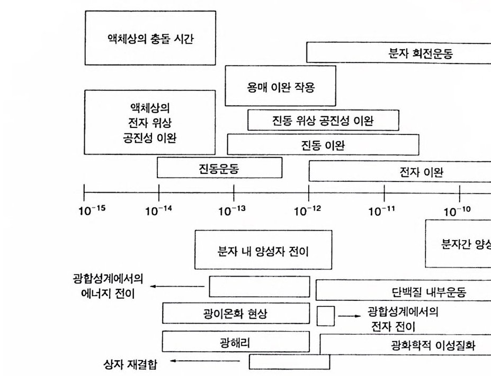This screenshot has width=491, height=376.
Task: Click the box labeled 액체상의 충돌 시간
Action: click(x=150, y=38)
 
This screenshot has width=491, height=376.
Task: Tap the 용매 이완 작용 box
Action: click(x=280, y=86)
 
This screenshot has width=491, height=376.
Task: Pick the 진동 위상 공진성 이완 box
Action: click(x=323, y=120)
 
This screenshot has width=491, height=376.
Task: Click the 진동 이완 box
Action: click(x=323, y=144)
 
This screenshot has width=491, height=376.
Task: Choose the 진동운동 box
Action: click(x=219, y=168)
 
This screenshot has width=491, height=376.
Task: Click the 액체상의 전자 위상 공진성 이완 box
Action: click(x=150, y=122)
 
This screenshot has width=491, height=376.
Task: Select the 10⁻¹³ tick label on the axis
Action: click(x=231, y=212)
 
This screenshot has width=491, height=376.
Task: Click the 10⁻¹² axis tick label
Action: click(x=308, y=212)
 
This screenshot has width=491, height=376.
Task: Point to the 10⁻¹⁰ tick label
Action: click(x=457, y=212)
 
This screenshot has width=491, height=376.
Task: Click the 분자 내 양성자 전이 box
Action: click(x=263, y=249)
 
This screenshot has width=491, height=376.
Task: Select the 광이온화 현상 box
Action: click(x=236, y=313)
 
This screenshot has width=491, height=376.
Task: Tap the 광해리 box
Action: click(x=236, y=342)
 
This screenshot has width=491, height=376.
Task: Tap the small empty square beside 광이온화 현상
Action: click(x=326, y=316)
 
